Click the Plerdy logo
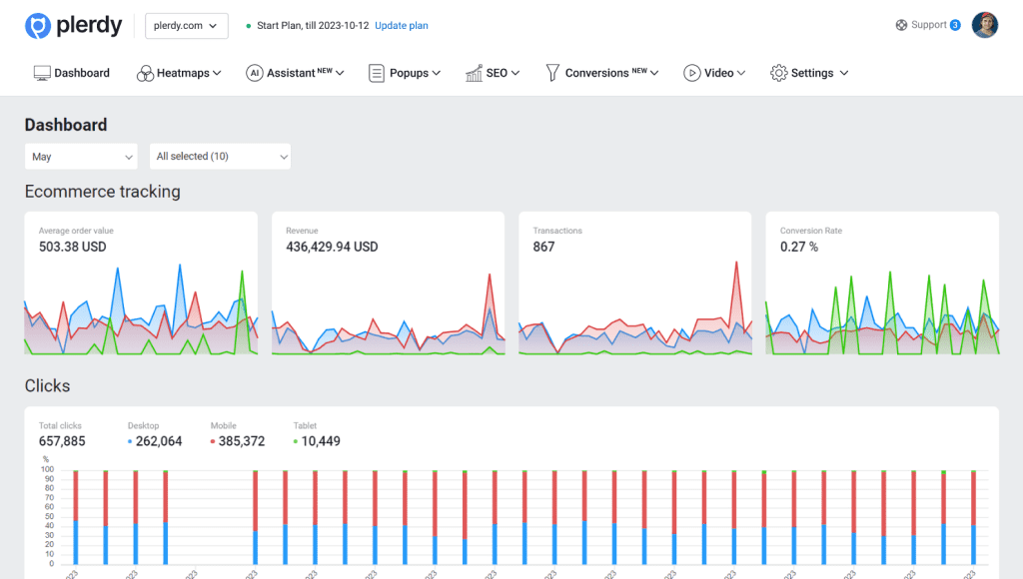click(x=73, y=26)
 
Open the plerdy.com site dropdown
click(x=186, y=26)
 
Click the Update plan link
click(x=401, y=26)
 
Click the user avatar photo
click(x=984, y=25)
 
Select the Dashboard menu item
click(x=72, y=73)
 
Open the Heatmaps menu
click(x=179, y=73)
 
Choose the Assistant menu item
click(x=295, y=73)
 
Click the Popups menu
click(x=405, y=73)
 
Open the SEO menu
click(x=493, y=73)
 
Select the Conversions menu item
click(x=601, y=73)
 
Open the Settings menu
click(x=809, y=73)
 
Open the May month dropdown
click(x=81, y=157)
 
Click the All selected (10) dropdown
click(x=220, y=157)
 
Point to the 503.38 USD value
click(x=73, y=247)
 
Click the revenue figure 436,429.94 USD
click(x=332, y=247)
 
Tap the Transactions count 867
click(x=543, y=247)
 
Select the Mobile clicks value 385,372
click(x=238, y=441)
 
